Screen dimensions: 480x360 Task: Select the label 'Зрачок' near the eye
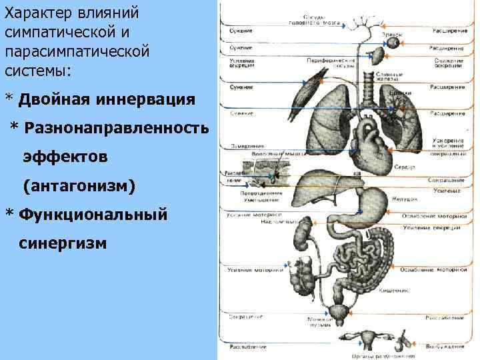[391, 33]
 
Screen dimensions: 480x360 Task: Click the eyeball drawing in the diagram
[394, 43]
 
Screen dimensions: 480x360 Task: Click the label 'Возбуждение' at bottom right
[446, 347]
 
